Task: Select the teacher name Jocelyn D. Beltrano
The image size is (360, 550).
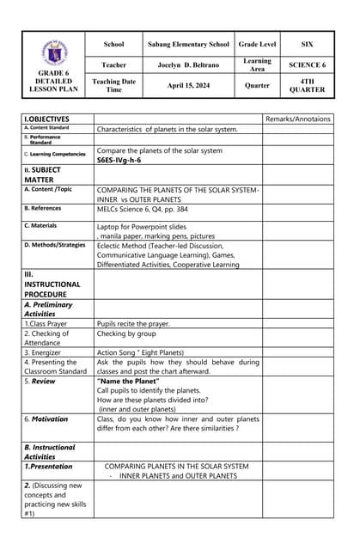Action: [188, 64]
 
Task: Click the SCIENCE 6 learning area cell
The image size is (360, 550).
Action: [307, 64]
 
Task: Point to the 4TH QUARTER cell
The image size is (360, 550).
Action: [307, 85]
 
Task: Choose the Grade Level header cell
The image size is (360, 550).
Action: [257, 44]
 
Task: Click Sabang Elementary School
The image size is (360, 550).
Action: [188, 44]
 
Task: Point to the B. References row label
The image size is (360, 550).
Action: [43, 208]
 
